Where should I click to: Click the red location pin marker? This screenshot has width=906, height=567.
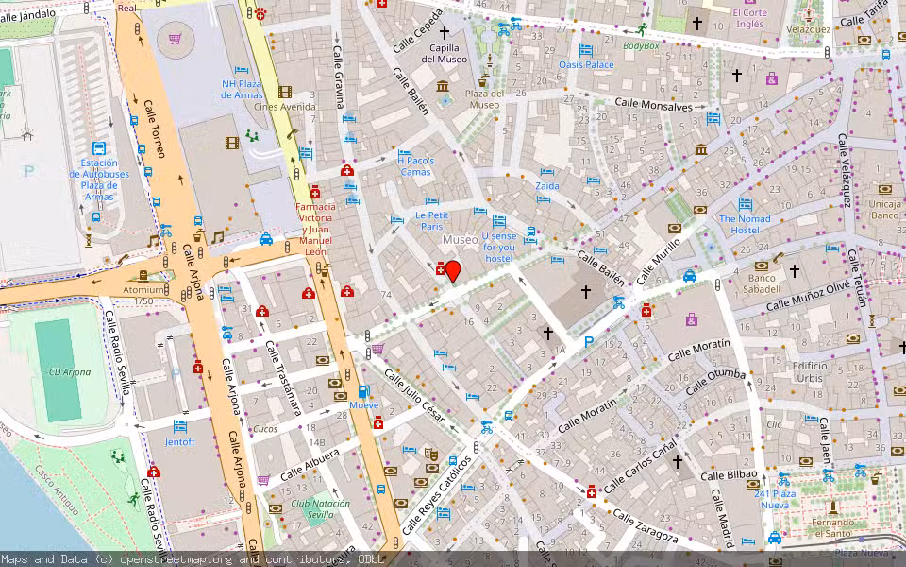click(x=453, y=271)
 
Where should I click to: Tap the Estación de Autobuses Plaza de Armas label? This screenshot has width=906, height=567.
click(x=98, y=180)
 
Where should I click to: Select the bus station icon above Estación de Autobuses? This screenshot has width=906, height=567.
click(x=99, y=148)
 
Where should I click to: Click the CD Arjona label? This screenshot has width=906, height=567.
click(x=71, y=371)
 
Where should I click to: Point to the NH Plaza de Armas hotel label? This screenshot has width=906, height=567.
click(x=242, y=89)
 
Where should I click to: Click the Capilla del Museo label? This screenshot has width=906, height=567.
click(x=444, y=53)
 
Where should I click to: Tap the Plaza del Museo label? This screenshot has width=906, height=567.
click(x=484, y=98)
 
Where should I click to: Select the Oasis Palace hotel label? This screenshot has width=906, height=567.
click(x=586, y=64)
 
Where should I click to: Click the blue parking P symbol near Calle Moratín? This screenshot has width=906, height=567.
click(x=589, y=341)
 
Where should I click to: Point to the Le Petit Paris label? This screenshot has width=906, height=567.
click(x=431, y=220)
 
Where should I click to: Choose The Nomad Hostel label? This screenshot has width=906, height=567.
click(x=745, y=224)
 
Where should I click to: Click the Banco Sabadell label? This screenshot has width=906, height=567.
click(x=762, y=283)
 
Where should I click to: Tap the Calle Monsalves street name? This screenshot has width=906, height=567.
click(x=653, y=107)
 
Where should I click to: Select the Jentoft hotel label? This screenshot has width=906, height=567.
click(x=179, y=441)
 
